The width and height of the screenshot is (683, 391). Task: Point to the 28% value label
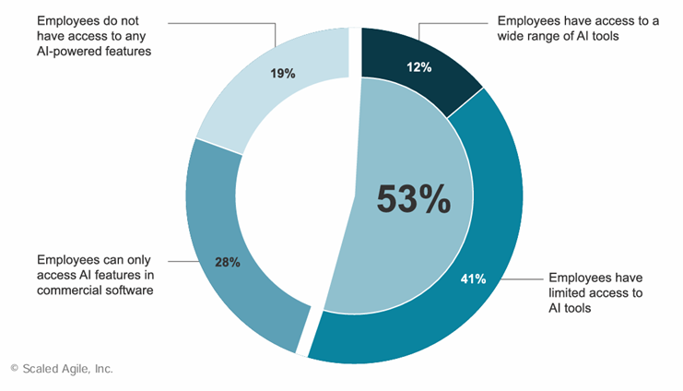coord(227,263)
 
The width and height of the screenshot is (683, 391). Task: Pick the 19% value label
coord(283,73)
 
